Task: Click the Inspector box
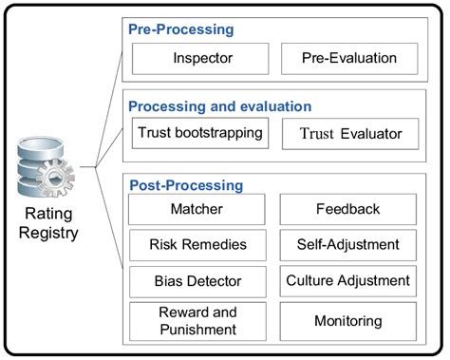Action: click(x=202, y=59)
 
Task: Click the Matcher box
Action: click(x=202, y=209)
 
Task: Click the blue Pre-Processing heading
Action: click(x=181, y=29)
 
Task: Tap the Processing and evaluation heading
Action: click(x=219, y=106)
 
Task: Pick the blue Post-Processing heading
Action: click(x=186, y=184)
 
